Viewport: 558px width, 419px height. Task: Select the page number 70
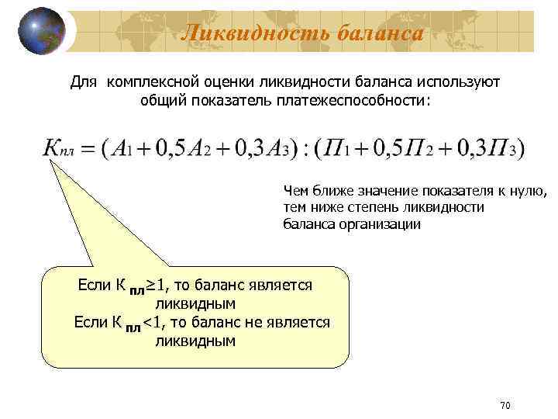(505, 405)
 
